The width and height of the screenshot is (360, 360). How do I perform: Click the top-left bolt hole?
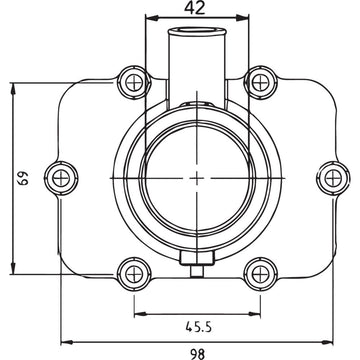point(128,80)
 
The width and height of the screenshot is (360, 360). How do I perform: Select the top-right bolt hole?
point(262,80)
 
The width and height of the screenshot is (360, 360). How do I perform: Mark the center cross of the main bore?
point(195,177)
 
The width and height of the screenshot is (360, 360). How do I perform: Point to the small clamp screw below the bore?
point(195,268)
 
